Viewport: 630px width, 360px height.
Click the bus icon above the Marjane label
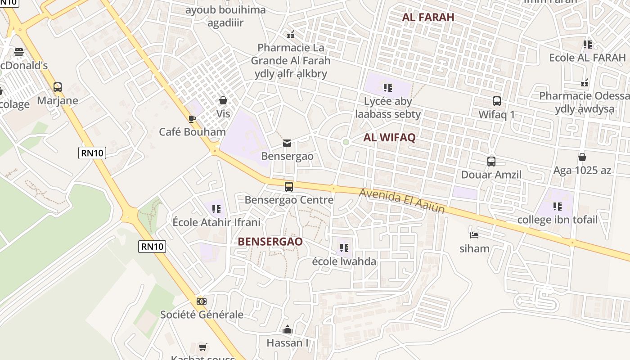tap(58, 87)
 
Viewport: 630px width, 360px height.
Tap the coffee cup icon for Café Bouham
tap(192, 119)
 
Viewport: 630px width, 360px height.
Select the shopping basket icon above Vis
tap(223, 100)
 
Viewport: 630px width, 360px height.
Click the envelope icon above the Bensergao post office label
tap(287, 143)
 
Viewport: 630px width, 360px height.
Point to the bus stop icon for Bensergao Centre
tap(289, 186)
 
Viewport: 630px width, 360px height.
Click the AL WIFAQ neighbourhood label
tap(389, 138)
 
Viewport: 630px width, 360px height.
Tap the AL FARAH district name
tap(428, 17)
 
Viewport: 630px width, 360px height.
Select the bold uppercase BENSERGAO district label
tap(270, 242)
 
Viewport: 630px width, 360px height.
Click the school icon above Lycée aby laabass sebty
tap(388, 87)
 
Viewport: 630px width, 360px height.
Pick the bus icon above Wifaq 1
tap(497, 101)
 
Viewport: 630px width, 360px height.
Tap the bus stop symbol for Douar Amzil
tap(491, 161)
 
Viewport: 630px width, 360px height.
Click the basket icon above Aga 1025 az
tap(582, 157)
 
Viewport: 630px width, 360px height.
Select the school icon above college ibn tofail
tap(558, 207)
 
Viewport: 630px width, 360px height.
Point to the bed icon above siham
tap(474, 235)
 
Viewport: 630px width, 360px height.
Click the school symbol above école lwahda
tap(344, 247)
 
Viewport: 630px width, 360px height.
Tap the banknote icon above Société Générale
tap(202, 301)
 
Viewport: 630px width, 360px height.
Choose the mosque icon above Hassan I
tap(288, 330)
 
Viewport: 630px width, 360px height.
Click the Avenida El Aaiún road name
tap(402, 201)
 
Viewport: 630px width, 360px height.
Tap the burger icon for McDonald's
tap(19, 52)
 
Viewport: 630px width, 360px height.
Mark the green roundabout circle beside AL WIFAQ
tap(346, 142)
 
